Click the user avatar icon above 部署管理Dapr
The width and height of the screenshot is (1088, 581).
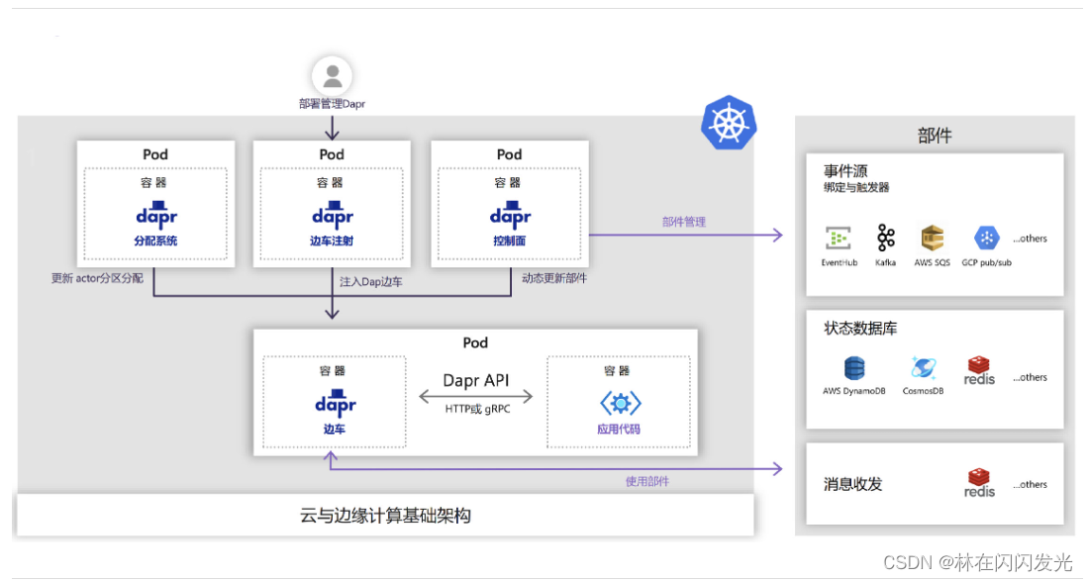coord(332,75)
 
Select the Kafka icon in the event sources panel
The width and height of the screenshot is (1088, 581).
coord(885,238)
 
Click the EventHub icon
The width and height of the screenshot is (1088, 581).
coord(839,238)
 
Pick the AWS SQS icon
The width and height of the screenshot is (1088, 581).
coord(932,238)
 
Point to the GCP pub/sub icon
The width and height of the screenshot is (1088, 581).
coord(986,238)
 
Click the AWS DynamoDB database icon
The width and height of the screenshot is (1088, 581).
coord(853,368)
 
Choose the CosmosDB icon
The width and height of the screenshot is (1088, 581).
coord(923,368)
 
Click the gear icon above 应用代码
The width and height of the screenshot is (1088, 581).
coord(620,403)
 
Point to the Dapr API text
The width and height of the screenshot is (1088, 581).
coord(475,380)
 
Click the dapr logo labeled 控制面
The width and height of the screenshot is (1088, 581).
coord(509,215)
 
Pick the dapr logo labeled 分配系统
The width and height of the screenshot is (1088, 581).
coord(155,215)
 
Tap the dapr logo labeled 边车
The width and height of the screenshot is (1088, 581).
coord(335,403)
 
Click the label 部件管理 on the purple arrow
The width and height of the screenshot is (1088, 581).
coord(684,222)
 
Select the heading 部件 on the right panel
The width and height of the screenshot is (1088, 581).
coord(934,136)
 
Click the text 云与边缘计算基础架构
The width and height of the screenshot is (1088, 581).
coord(385,515)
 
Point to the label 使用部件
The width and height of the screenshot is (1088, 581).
coord(646,481)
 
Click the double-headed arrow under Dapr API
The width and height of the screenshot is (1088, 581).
coord(475,397)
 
